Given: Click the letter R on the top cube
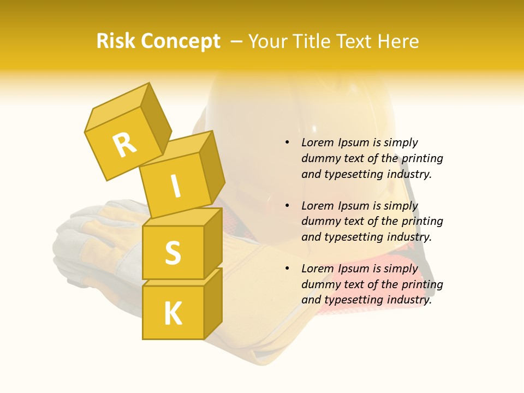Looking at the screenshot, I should click(125, 146).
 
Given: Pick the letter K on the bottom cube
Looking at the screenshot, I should click(173, 313).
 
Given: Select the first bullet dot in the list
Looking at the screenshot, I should click(287, 142).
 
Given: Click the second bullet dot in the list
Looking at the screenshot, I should click(287, 206).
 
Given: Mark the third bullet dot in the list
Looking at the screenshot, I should click(287, 269).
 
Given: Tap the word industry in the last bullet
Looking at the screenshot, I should click(408, 300).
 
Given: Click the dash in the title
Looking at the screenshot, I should click(236, 41).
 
